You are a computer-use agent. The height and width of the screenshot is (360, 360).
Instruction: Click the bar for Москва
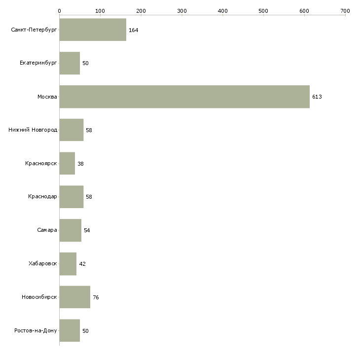point(184,97)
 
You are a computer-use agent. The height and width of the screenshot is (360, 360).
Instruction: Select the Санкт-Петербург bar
point(93,30)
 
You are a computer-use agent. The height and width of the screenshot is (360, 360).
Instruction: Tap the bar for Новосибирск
point(74,297)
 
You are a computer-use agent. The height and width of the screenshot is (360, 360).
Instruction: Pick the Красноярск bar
point(67,163)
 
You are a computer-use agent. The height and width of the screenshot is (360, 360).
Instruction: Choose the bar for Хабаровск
point(68,264)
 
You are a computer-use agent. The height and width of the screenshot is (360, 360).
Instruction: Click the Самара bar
point(70,230)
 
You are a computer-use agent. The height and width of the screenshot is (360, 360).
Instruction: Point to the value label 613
point(317,97)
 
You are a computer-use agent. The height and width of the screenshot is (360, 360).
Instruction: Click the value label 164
point(133,30)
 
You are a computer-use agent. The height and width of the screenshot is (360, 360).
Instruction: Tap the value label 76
point(96,297)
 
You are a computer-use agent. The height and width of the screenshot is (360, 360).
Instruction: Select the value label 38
point(80,164)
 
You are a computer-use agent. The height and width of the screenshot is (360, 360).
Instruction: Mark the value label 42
point(82,264)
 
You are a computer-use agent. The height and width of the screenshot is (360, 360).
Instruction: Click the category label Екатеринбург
point(38,63)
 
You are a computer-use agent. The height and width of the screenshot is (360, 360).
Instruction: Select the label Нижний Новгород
point(33,130)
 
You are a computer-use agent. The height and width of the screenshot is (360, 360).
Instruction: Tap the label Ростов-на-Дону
point(36,331)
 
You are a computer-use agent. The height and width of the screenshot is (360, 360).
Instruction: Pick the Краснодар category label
point(42,197)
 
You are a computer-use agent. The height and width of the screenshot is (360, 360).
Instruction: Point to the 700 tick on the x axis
point(345,10)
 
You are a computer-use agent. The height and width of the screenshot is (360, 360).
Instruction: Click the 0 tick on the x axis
point(59,10)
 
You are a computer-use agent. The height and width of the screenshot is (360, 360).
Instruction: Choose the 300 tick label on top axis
point(181,10)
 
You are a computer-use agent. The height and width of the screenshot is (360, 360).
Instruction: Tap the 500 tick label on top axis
point(263,10)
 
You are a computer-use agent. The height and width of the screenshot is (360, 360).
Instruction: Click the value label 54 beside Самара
point(87,230)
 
